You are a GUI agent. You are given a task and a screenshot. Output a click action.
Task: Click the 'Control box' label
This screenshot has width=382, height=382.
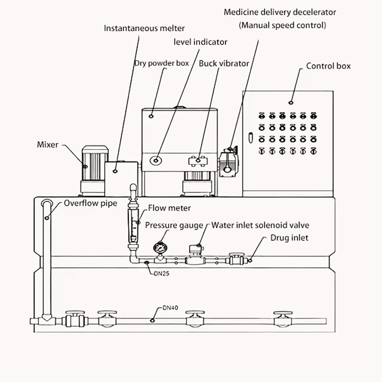pyautogui.click(x=328, y=66)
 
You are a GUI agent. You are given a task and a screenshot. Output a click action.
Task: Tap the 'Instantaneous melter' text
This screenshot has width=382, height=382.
pyautogui.click(x=144, y=28)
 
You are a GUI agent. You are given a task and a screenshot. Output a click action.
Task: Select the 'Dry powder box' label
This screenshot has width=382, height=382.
pyautogui.click(x=162, y=64)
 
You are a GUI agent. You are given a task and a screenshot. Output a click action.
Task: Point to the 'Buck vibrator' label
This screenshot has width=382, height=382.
pyautogui.click(x=224, y=64)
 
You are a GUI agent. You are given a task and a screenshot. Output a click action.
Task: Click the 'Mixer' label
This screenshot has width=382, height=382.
pyautogui.click(x=47, y=145)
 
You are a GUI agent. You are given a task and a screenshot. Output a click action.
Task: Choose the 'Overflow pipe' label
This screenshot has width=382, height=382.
pyautogui.click(x=90, y=203)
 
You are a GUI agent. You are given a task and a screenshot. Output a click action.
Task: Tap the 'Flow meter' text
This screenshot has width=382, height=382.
pyautogui.click(x=170, y=208)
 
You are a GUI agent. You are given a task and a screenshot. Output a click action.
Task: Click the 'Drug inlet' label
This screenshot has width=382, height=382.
pyautogui.click(x=289, y=238)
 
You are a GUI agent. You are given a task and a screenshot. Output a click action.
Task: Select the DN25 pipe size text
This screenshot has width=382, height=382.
pyautogui.click(x=161, y=273)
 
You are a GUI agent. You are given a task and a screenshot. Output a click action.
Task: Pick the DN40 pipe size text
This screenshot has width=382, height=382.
pyautogui.click(x=170, y=308)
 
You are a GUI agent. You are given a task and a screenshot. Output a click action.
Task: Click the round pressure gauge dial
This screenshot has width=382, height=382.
pyautogui.click(x=160, y=248)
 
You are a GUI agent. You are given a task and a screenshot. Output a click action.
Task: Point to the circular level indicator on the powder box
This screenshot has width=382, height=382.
pyautogui.click(x=156, y=160)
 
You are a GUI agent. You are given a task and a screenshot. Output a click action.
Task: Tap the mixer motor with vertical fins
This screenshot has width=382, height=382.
pyautogui.click(x=95, y=163)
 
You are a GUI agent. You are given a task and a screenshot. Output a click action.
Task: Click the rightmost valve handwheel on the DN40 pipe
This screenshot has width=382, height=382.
pyautogui.click(x=283, y=313)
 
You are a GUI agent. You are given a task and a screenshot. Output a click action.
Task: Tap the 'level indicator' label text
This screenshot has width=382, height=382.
pyautogui.click(x=200, y=42)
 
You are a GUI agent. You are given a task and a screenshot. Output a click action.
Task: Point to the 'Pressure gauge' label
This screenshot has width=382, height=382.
pyautogui.click(x=174, y=225)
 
